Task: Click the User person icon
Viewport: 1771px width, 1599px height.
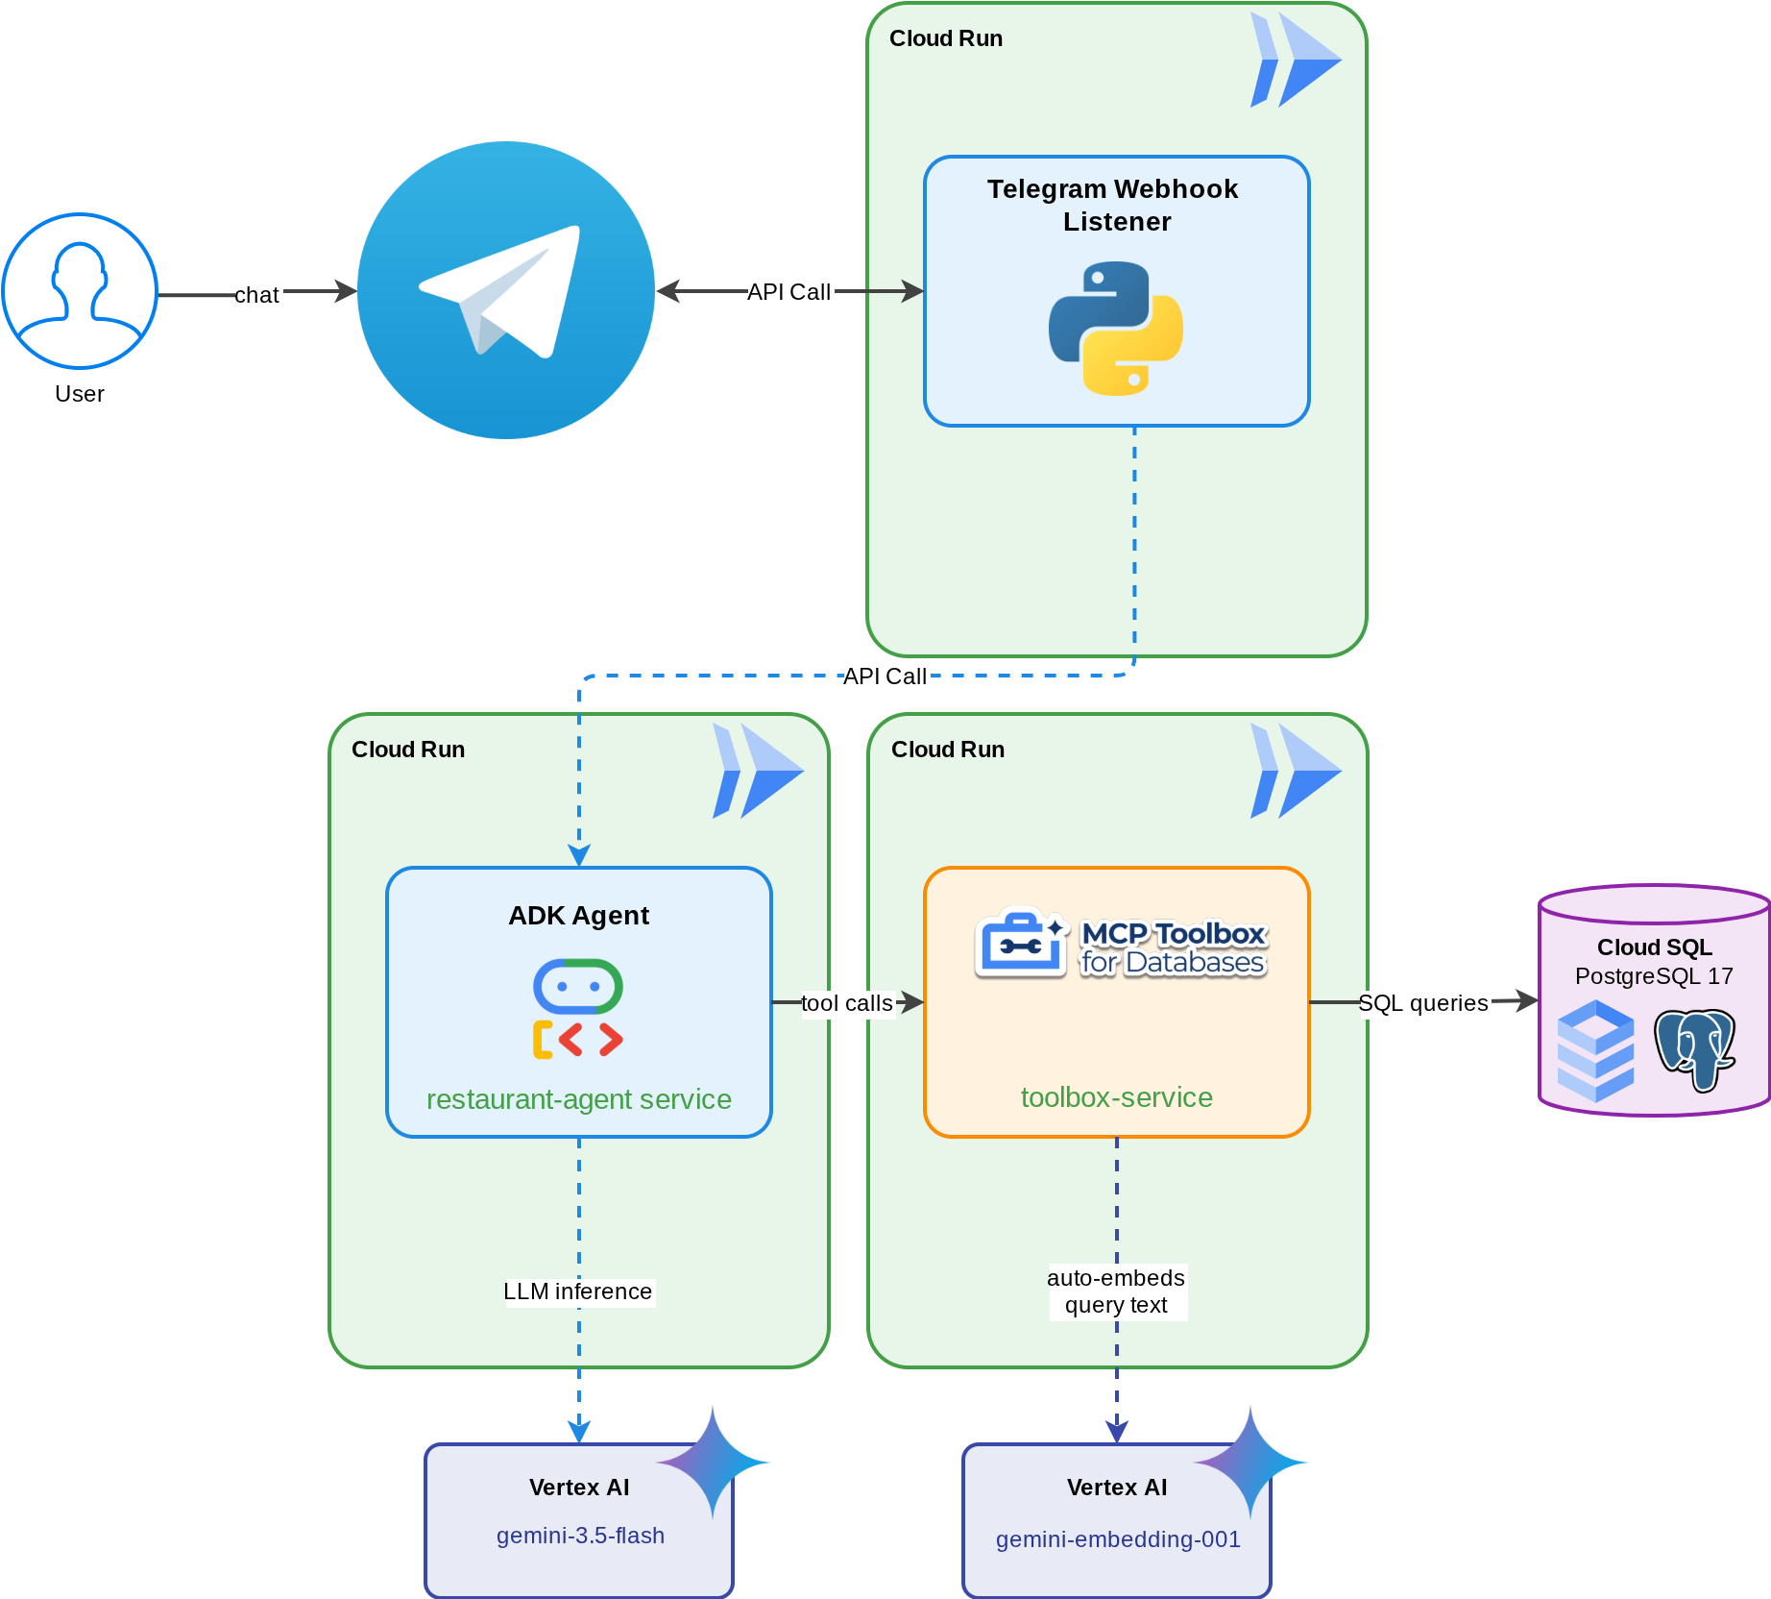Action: click(80, 290)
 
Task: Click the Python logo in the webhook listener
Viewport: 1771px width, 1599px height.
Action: click(1116, 329)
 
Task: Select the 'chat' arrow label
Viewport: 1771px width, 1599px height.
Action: click(256, 295)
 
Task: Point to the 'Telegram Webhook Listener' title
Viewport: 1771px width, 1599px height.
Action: click(1114, 206)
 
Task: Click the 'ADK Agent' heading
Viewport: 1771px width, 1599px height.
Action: click(579, 916)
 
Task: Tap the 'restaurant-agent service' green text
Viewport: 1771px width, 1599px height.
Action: click(579, 1099)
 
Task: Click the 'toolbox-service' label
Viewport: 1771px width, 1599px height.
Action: click(1117, 1097)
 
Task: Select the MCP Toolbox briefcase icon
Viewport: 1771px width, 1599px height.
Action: click(1022, 942)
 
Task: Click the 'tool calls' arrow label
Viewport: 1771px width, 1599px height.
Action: click(847, 1003)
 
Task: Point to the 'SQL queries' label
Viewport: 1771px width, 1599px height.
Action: click(1423, 1003)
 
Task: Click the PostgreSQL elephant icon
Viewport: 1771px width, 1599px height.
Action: click(1695, 1050)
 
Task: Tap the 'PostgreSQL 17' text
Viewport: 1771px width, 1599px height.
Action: click(1655, 976)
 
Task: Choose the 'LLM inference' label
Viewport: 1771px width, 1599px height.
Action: click(578, 1291)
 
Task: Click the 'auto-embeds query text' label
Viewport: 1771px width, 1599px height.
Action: click(1116, 1291)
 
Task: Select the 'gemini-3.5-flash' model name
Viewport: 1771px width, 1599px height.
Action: click(580, 1536)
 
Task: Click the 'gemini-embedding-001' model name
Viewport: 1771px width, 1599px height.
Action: click(1118, 1539)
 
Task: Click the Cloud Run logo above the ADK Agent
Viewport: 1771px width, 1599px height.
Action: click(758, 771)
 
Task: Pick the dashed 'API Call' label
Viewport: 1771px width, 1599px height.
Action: click(885, 676)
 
